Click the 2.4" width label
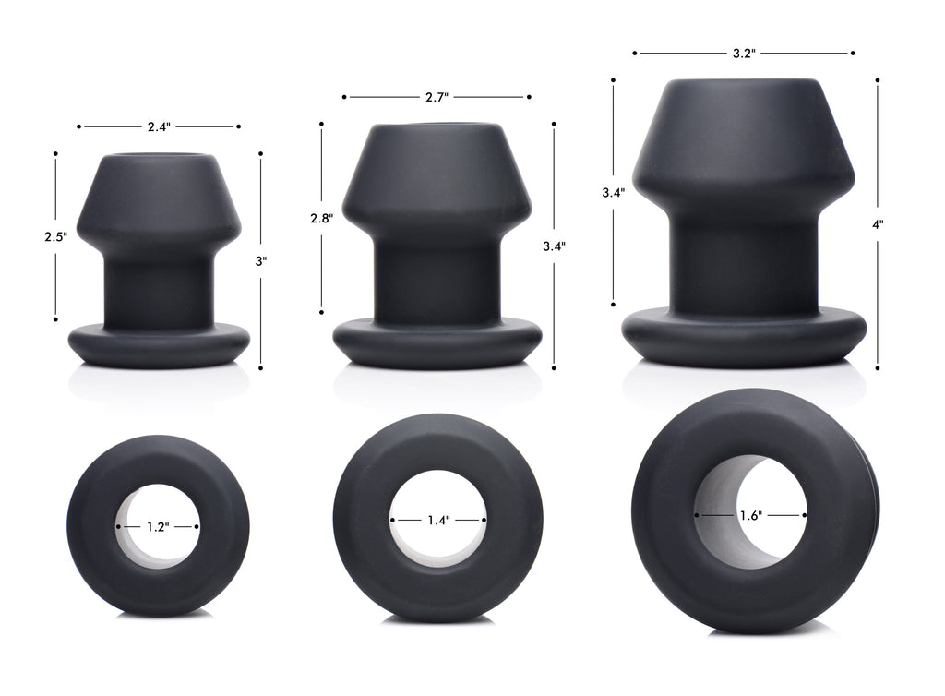tap(159, 126)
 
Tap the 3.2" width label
tap(744, 54)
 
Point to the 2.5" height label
tap(55, 236)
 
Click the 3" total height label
tap(261, 261)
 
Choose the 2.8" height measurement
tap(321, 219)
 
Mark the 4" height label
tap(877, 223)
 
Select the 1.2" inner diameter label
tap(159, 527)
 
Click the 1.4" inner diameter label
tap(437, 520)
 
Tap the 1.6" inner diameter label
tap(750, 516)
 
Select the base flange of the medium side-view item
tap(437, 342)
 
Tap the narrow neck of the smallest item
tap(159, 288)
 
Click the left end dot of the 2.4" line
tap(79, 126)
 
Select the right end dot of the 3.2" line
tap(853, 54)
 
